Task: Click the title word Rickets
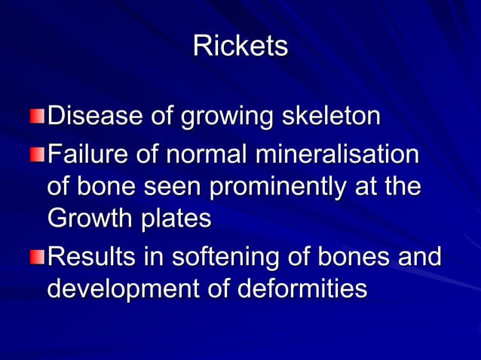tap(240, 46)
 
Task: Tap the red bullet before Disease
tap(37, 117)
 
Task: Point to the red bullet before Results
tap(37, 258)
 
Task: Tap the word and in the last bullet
tap(419, 258)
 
